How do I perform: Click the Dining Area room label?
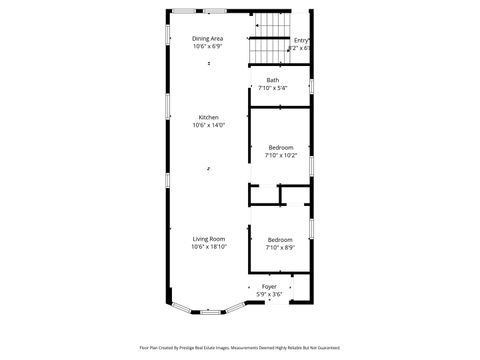pos(208,38)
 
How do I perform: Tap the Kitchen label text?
pos(208,117)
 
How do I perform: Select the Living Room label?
pos(209,238)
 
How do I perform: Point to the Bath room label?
pos(272,80)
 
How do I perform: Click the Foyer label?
pos(269,286)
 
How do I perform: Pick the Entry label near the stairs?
pos(301,40)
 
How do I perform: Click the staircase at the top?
pos(271,37)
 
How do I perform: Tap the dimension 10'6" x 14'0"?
pos(208,125)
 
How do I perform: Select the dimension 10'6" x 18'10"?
pos(209,246)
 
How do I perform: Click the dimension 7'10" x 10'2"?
pos(280,155)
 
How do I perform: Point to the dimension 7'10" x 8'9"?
pos(280,247)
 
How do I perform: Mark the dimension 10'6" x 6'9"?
pos(208,46)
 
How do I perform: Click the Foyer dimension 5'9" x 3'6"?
pos(269,294)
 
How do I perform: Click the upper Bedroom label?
pos(280,147)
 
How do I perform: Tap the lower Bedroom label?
pos(280,239)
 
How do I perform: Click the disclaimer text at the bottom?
pos(239,347)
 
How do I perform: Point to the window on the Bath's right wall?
pos(312,84)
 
